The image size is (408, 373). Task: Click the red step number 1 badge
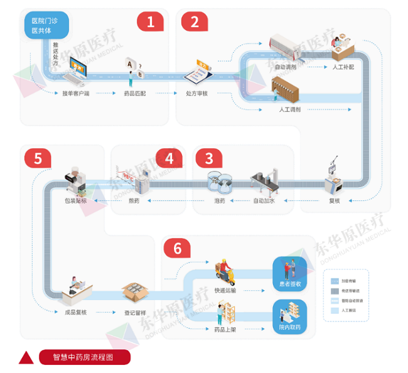[x=150, y=22]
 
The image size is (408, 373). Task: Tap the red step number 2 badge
[x=194, y=22]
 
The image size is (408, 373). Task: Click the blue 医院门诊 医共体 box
[x=47, y=25]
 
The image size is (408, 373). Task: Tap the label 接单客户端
[x=75, y=93]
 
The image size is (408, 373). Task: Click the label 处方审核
[x=196, y=93]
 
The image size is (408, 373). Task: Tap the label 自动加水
[x=264, y=201]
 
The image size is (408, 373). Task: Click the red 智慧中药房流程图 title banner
[x=84, y=357]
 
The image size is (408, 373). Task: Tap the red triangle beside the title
[x=26, y=357]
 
